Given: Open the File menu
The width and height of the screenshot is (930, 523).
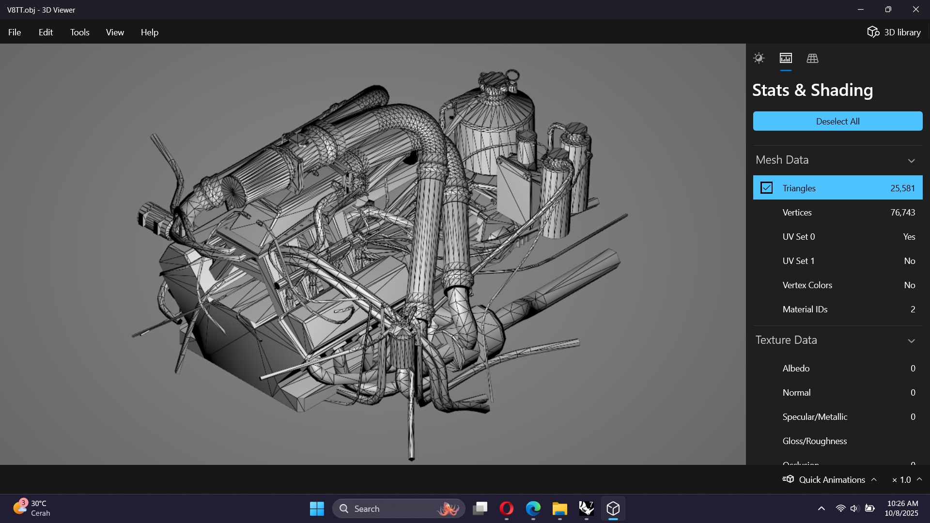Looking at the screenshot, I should coord(15,32).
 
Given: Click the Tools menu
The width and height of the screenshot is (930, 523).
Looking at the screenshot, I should coord(79,32).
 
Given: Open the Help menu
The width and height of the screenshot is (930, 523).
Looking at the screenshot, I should coord(149,32).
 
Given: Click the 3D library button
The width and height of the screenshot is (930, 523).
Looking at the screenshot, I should coord(894,32).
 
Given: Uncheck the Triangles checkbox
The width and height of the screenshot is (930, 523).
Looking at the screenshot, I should coord(766,188).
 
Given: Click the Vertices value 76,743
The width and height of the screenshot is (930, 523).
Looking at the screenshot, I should coord(902,213).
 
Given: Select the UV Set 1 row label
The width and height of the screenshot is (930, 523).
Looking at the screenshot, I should coord(798,261).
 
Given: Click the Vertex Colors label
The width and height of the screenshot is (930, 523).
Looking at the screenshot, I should coord(807,285).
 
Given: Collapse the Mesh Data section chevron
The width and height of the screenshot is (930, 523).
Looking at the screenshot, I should coord(911,160).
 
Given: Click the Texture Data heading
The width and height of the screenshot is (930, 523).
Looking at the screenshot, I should coord(786,340).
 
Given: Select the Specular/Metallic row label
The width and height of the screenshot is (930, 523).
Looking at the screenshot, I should coord(815,417).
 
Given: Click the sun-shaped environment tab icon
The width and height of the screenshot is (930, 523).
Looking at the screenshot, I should coord(759,59).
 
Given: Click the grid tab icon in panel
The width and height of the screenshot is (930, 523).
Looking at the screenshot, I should coord(812,59).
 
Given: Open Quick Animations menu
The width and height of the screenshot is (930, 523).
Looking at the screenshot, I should coord(831,479).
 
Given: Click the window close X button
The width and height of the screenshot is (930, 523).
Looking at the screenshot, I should coord(915,10).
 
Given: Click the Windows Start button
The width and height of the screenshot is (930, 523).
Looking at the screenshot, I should coord(317,508).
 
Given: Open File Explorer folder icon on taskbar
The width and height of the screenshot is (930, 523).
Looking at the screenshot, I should coord(559,508).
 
